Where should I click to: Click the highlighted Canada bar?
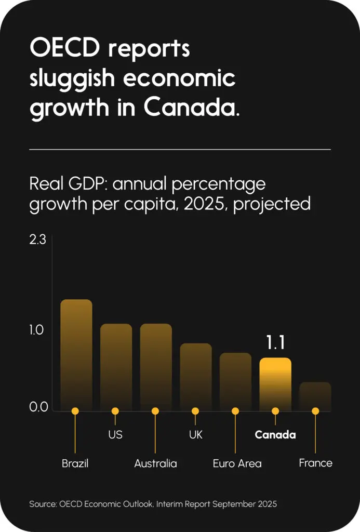pyautogui.click(x=275, y=384)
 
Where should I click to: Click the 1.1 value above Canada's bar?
pyautogui.click(x=275, y=343)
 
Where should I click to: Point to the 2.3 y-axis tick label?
pyautogui.click(x=38, y=240)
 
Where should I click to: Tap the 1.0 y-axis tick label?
pyautogui.click(x=38, y=330)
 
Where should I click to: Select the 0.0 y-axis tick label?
pyautogui.click(x=38, y=407)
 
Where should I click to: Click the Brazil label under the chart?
pyautogui.click(x=75, y=463)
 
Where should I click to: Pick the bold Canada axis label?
pyautogui.click(x=275, y=435)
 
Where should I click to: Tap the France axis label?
pyautogui.click(x=315, y=463)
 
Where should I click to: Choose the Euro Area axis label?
pyautogui.click(x=237, y=463)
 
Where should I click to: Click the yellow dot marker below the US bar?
pyautogui.click(x=115, y=411)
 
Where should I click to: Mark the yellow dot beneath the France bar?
pyautogui.click(x=315, y=411)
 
